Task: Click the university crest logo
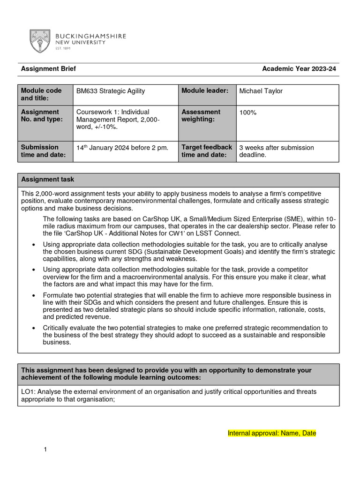point(40,41)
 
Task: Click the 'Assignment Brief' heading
point(48,69)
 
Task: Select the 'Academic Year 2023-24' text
point(299,69)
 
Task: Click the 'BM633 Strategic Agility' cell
point(111,91)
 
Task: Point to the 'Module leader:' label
point(205,90)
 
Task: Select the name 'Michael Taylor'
point(261,91)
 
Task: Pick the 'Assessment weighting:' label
point(201,116)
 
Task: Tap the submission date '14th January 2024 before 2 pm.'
point(122,148)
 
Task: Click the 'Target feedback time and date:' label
point(206,151)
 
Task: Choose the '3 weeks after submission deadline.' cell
point(276,151)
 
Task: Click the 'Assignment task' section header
point(47,180)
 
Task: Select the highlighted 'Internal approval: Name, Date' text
point(271,433)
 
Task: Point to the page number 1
point(45,450)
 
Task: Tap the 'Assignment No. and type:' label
point(40,116)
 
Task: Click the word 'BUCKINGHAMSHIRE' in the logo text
point(90,36)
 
